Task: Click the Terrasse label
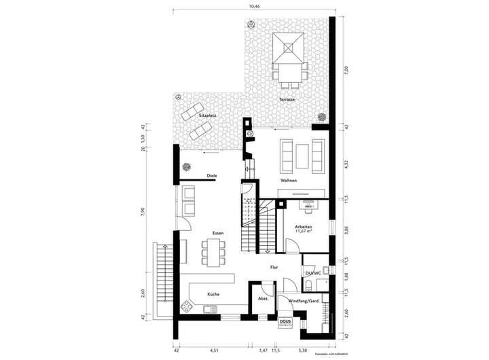287,100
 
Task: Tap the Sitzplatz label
207,115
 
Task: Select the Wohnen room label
290,181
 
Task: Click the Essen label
217,233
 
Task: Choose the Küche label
214,294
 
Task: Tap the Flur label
274,268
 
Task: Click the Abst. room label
264,299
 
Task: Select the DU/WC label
313,273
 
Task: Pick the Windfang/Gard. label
304,301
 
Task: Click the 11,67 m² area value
304,232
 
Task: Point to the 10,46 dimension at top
254,6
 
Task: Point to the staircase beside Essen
249,221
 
